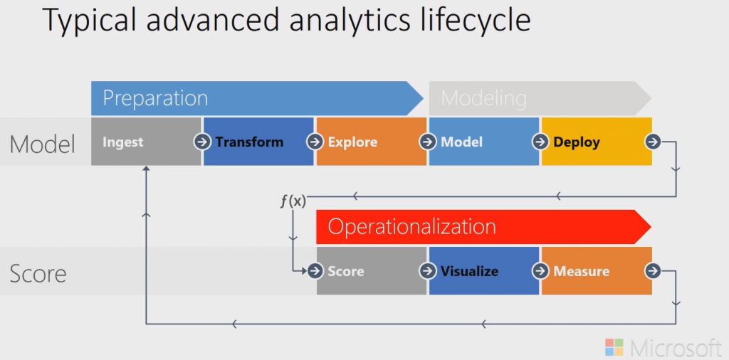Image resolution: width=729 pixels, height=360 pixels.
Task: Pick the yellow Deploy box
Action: [x=595, y=142]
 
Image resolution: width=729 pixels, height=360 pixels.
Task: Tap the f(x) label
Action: [x=293, y=201]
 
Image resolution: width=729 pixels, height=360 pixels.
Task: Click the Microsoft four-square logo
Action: [x=614, y=347]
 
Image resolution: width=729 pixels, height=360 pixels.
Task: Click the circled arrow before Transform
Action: [x=202, y=142]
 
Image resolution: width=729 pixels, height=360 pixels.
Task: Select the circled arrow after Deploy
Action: [x=653, y=142]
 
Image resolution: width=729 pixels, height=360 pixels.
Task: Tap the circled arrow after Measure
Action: [x=653, y=271]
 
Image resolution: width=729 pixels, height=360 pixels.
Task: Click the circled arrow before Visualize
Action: [x=427, y=271]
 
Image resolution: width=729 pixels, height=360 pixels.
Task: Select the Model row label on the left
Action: [x=42, y=144]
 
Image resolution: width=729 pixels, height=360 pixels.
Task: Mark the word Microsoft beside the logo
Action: [x=676, y=347]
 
